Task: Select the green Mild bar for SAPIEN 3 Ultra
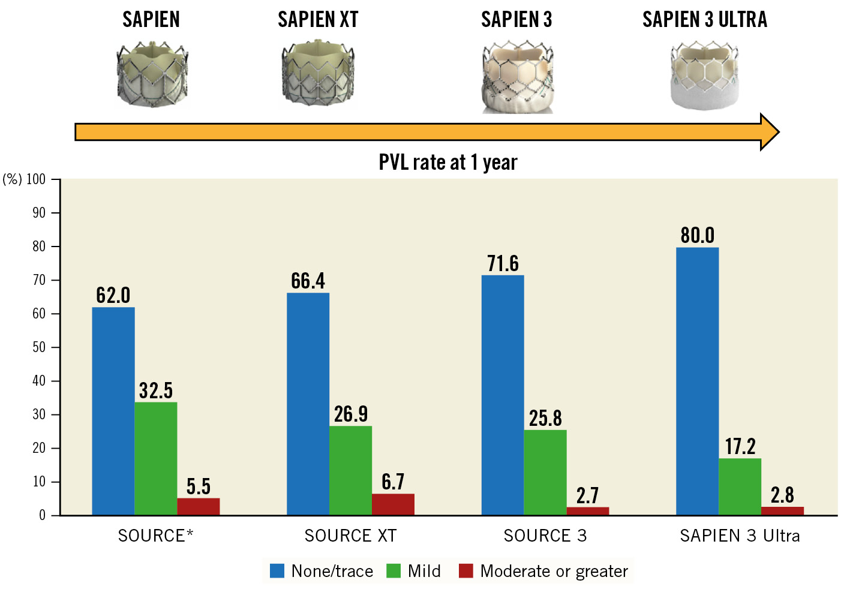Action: coord(740,486)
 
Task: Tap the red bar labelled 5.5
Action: coord(198,506)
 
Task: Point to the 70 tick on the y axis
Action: coord(39,280)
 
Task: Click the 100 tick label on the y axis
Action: coord(36,179)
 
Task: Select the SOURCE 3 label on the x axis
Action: coord(545,536)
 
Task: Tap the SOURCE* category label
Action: coord(155,536)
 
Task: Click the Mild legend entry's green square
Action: coord(394,571)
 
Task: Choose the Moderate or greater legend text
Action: coord(554,571)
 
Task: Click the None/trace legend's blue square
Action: coord(277,571)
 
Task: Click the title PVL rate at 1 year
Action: coord(447,162)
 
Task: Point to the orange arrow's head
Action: coord(770,131)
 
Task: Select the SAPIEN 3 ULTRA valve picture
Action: coord(704,76)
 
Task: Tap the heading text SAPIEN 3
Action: coord(516,20)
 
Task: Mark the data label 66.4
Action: coord(308,281)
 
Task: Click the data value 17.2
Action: coord(740,446)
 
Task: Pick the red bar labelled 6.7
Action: coord(393,504)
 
